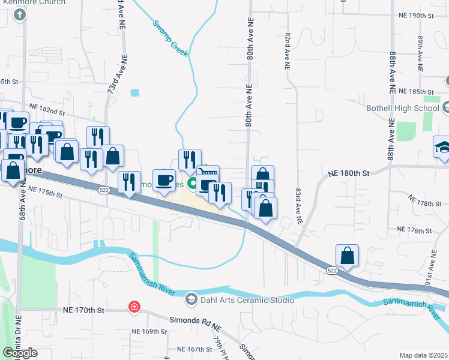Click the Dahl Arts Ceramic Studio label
coord(247,298)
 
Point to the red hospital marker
coord(134,307)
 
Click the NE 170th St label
coord(83,310)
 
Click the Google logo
coord(20,353)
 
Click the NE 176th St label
coord(415,230)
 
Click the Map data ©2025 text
coord(424,355)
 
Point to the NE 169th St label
coord(149,331)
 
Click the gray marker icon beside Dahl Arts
coord(191,298)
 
